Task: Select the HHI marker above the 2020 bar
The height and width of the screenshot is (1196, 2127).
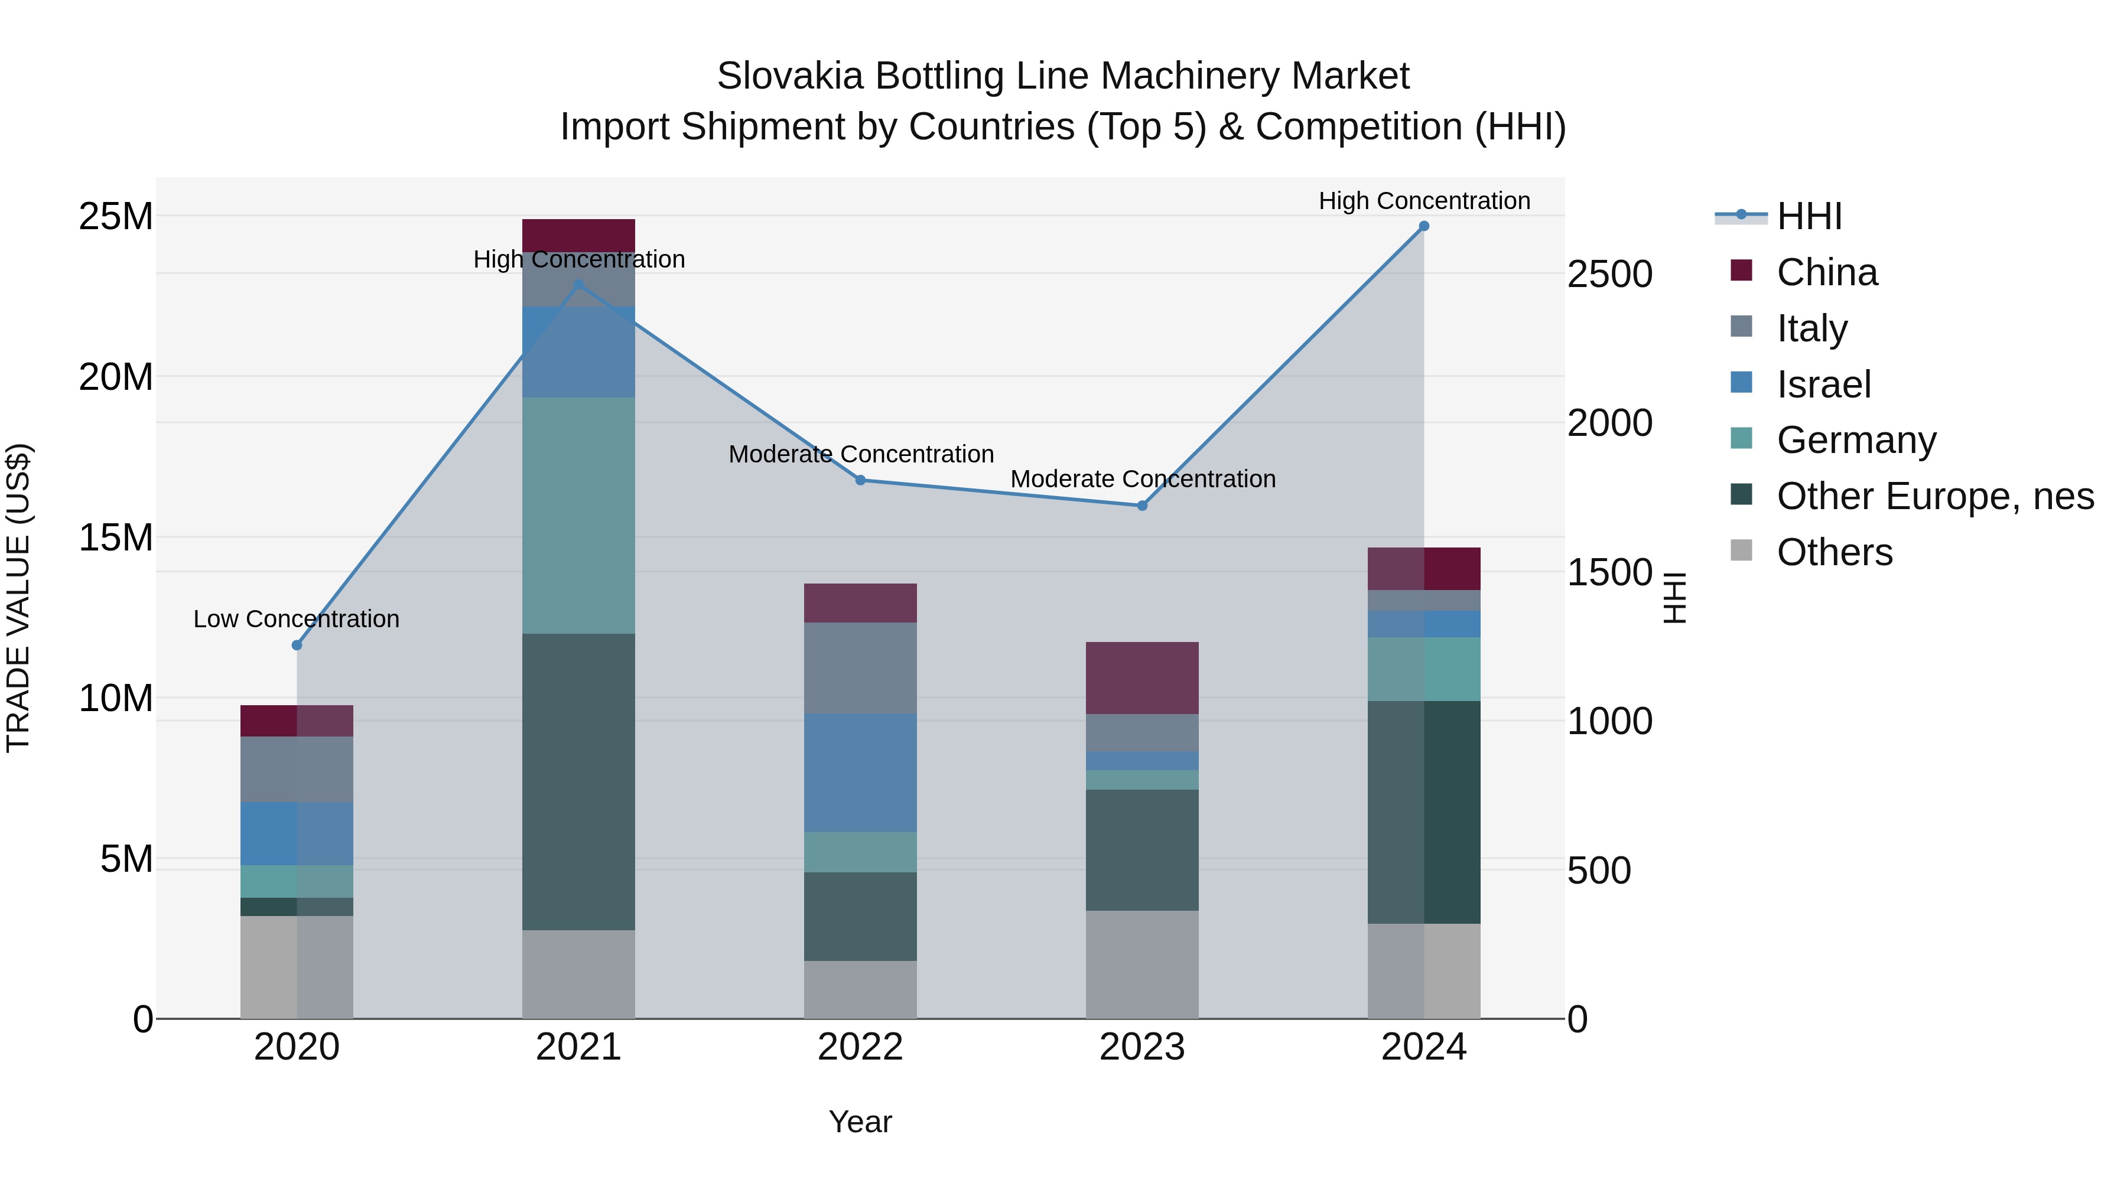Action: (x=297, y=646)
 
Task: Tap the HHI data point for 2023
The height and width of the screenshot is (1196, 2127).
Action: (x=1142, y=506)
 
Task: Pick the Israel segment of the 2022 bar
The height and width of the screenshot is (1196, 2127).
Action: (x=860, y=773)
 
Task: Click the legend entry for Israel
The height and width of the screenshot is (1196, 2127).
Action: (x=1823, y=384)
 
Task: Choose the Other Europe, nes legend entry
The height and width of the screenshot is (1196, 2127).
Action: (x=1934, y=496)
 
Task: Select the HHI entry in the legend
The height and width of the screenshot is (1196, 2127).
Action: (x=1809, y=216)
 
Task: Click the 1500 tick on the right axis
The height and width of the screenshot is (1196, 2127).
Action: (x=1610, y=573)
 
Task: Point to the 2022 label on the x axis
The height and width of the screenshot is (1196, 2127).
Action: (x=860, y=1047)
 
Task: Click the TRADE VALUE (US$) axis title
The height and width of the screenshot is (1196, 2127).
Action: (x=18, y=598)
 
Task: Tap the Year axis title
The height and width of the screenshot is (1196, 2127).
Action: (x=860, y=1122)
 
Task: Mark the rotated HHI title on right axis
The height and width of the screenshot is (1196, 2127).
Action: (x=1674, y=598)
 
